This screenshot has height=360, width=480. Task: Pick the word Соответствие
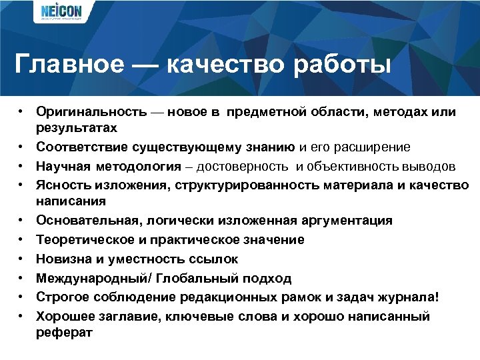pyautogui.click(x=77, y=147)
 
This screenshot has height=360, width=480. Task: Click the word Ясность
pyautogui.click(x=59, y=185)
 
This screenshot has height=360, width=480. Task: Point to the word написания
pyautogui.click(x=63, y=200)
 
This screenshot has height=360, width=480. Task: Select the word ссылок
pyautogui.click(x=214, y=259)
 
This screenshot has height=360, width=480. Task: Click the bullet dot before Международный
pyautogui.click(x=22, y=278)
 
